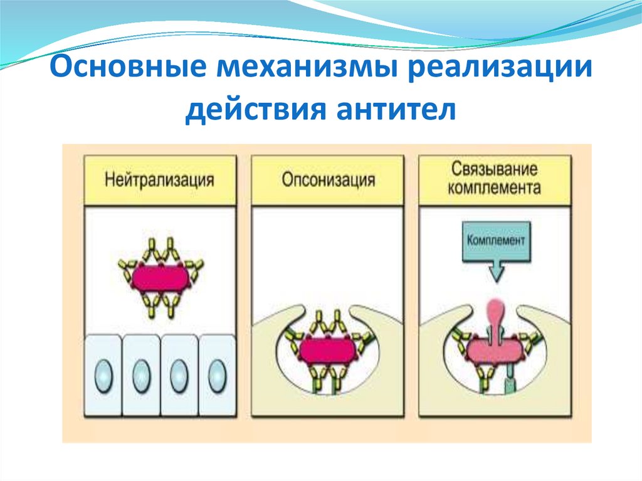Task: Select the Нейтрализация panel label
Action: pyautogui.click(x=159, y=181)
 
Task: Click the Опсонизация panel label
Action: pyautogui.click(x=328, y=181)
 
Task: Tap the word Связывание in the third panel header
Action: pyautogui.click(x=495, y=170)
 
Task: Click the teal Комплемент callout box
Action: pyautogui.click(x=495, y=241)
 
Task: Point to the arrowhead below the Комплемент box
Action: pyautogui.click(x=495, y=273)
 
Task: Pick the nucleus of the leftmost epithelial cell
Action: pyautogui.click(x=103, y=376)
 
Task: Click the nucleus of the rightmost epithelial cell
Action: pyautogui.click(x=217, y=376)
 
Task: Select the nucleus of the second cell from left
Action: pyautogui.click(x=141, y=376)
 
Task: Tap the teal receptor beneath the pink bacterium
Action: pyautogui.click(x=508, y=384)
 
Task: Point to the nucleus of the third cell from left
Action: pyautogui.click(x=179, y=376)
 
